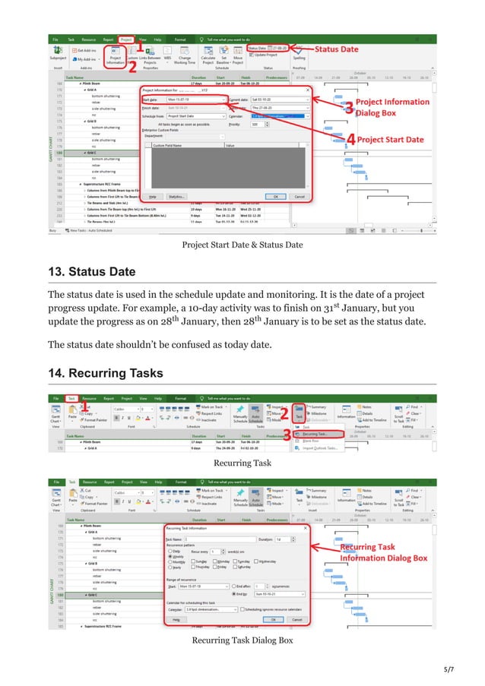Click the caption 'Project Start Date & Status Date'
click(242, 245)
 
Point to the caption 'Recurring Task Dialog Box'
click(242, 640)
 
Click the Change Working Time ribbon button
click(185, 57)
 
